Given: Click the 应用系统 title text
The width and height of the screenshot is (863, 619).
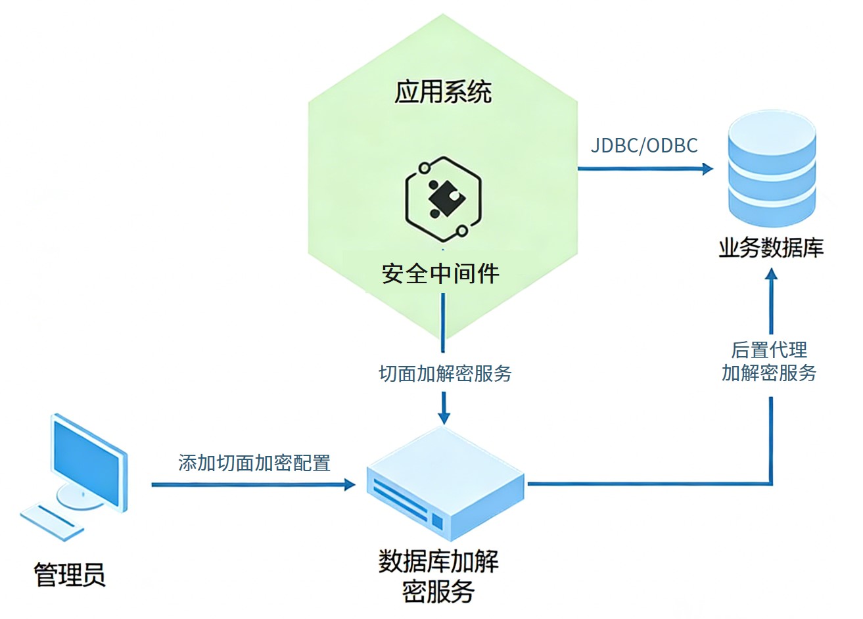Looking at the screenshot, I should pos(443,92).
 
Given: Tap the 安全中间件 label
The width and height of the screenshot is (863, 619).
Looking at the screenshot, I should pos(440,273).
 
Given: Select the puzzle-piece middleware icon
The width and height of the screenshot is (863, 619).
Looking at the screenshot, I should pos(444,198).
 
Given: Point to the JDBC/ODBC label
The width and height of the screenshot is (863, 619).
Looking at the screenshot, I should pos(644,145).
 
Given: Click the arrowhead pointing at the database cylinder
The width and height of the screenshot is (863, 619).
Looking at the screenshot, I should pos(707,169).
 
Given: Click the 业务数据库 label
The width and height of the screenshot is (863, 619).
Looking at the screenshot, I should pos(771,248).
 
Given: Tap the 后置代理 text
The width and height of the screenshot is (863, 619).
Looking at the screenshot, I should pos(769,350).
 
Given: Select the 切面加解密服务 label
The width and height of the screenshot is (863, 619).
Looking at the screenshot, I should pos(445,373).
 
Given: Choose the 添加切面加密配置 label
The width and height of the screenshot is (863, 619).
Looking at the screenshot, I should pos(254,463).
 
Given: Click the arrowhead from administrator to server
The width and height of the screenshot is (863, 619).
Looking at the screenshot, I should pos(349,485).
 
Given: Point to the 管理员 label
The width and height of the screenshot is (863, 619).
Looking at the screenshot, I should pos(70,574).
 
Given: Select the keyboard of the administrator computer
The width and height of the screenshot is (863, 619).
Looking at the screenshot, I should pos(53,521).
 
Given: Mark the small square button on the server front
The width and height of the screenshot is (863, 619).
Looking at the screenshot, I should pos(438,522).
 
